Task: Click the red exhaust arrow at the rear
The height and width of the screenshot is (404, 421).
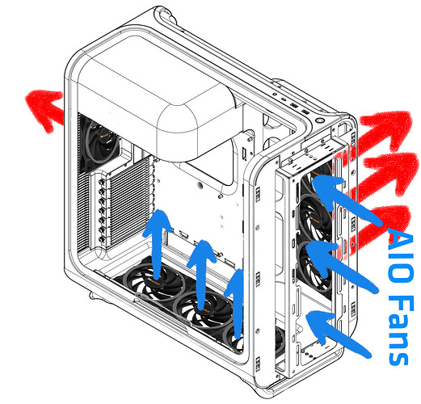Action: click(x=44, y=107)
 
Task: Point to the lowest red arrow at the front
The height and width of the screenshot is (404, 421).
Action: click(x=382, y=224)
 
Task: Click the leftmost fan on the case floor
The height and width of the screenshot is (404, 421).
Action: click(x=154, y=281)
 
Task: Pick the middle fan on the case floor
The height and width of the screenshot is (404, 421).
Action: click(x=204, y=309)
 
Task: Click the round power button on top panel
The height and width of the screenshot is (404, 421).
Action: click(x=318, y=120)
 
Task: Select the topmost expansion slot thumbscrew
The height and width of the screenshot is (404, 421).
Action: click(x=102, y=183)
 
